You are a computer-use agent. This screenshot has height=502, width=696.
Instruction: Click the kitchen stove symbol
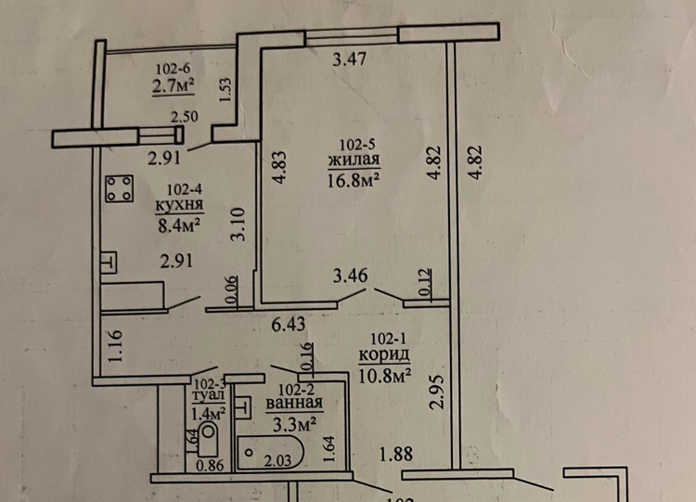(118, 189)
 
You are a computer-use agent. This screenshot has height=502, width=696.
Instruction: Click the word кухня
(182, 204)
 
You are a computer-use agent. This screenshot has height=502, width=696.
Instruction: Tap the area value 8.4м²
(180, 223)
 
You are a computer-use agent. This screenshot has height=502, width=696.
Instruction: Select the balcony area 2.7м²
(174, 86)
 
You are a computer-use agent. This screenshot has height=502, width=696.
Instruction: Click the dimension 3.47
(350, 62)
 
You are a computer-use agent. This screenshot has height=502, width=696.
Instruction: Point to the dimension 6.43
(289, 325)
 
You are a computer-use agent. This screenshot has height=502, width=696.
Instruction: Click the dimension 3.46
(352, 276)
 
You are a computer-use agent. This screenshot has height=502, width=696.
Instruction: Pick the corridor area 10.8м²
(384, 375)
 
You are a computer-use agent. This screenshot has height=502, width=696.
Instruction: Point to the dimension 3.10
(238, 225)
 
